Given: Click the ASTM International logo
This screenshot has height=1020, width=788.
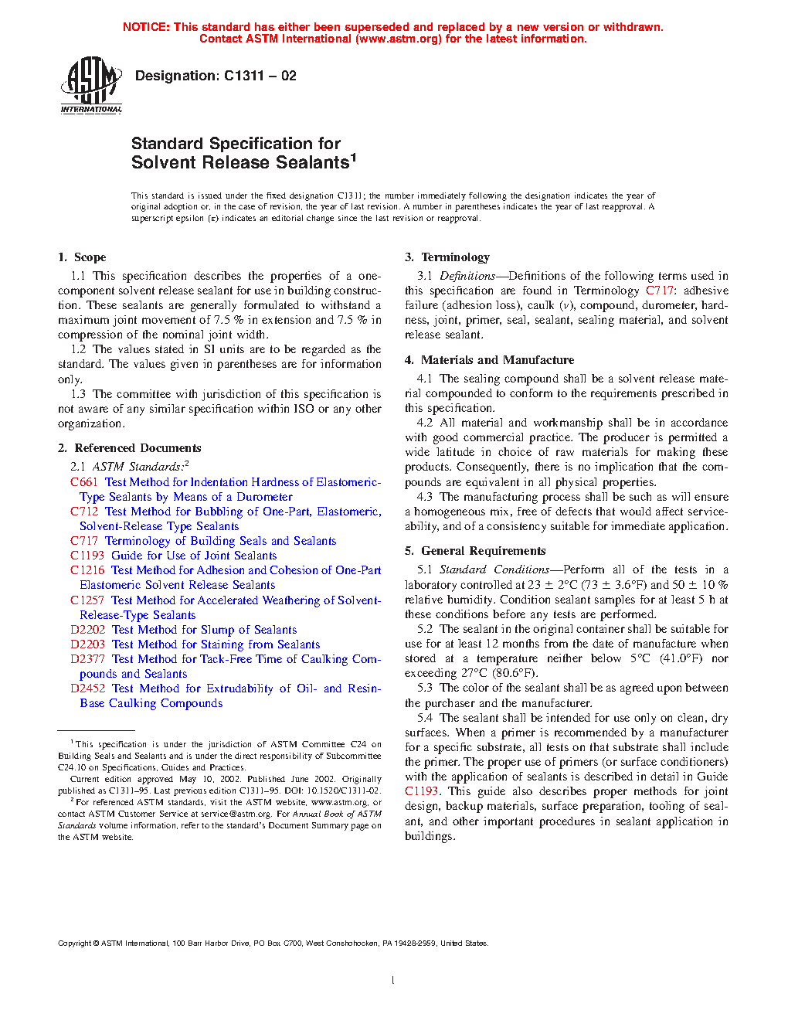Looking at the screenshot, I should click(91, 85).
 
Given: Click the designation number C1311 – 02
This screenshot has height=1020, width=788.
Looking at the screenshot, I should click(260, 76).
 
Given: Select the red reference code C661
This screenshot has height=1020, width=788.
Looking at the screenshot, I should click(84, 482).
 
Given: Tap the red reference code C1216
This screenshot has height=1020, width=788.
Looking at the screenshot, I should click(87, 570).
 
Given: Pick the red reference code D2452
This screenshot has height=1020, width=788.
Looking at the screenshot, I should click(87, 688).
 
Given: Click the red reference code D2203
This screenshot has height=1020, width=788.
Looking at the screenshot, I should click(87, 644).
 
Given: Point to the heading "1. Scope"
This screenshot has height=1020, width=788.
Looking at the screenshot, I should click(82, 257).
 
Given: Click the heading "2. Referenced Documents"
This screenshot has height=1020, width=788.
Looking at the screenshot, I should click(129, 448).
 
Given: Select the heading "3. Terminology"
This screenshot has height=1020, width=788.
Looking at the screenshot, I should click(447, 257).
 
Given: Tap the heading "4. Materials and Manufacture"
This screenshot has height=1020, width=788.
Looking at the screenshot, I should click(489, 360).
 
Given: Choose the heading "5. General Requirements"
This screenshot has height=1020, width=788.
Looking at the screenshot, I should click(475, 551).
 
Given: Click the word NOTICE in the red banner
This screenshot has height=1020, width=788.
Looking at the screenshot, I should click(146, 27).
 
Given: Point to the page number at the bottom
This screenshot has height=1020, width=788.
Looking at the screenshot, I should click(393, 980).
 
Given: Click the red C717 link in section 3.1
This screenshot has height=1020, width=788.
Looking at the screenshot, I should click(660, 291).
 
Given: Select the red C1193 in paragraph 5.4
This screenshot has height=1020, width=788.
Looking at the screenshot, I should click(422, 791).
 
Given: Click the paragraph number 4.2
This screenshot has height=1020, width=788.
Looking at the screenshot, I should click(425, 423).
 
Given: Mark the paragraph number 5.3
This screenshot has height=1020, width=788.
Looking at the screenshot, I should click(425, 688).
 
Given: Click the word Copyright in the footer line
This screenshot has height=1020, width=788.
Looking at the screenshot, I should click(75, 943).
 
